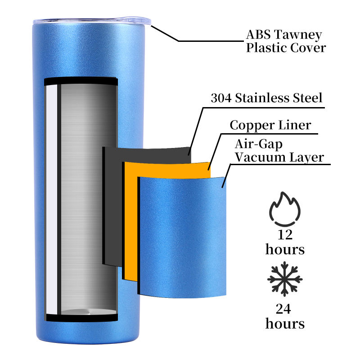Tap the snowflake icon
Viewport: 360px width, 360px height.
(x=285, y=279)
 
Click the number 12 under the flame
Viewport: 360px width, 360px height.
(x=285, y=234)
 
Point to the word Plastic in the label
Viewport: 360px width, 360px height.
(x=265, y=48)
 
